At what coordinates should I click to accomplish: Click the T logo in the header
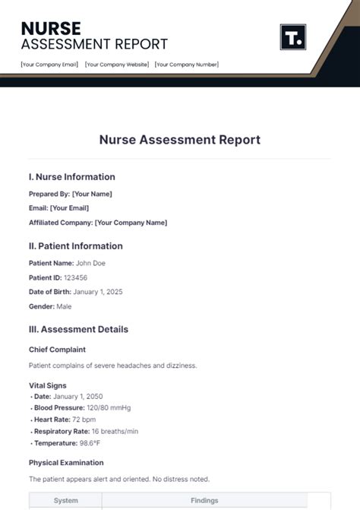coord(292,36)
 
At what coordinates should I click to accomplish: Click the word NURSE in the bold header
coord(51,28)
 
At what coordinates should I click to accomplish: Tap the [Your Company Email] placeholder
coord(49,65)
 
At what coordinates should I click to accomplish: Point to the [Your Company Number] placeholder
coord(187,65)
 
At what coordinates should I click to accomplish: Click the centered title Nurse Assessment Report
coord(179,140)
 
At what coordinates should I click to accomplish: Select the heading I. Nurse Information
coord(72,177)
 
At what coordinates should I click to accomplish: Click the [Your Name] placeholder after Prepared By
coord(92,194)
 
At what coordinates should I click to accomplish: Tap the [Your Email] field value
coord(69,208)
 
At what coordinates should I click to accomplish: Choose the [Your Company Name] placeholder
coord(131,223)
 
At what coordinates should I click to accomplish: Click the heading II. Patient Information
coord(75,246)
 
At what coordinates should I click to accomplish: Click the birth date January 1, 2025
coord(98,292)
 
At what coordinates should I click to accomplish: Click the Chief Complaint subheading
coord(57,350)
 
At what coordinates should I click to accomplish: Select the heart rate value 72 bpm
coord(84,420)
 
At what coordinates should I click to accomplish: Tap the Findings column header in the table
coord(204,501)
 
